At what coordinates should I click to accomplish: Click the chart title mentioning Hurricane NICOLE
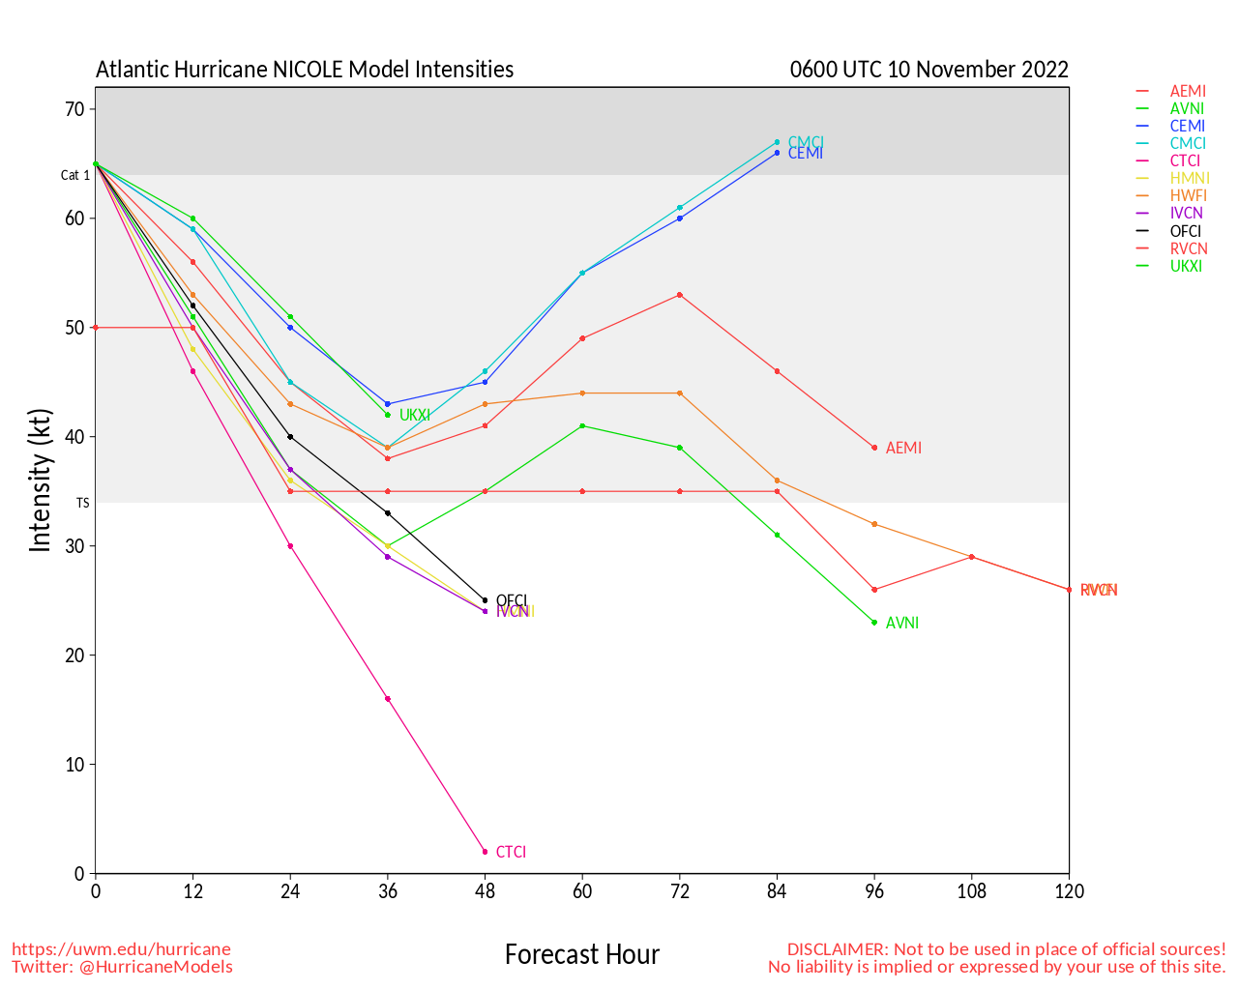coord(305,70)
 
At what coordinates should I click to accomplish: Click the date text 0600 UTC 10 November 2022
coord(928,70)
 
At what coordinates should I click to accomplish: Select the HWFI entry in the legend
coord(1189,196)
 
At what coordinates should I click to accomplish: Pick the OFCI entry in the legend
coord(1186,231)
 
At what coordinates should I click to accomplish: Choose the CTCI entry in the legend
coord(1185,161)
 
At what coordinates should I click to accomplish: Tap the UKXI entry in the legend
coord(1186,266)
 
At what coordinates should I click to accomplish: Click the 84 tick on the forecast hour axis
coord(777,891)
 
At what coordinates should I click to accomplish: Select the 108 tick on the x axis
coord(971,891)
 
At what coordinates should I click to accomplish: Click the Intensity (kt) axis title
coord(40,480)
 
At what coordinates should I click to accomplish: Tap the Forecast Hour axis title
coord(581,955)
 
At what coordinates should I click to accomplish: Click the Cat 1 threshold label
coord(75,175)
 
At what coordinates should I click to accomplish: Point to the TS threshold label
coord(83,503)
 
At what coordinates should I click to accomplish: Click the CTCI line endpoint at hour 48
coord(485,852)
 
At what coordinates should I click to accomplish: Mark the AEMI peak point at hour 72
coord(680,295)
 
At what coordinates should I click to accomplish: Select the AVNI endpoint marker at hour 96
coord(874,623)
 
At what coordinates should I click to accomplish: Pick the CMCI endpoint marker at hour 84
coord(777,142)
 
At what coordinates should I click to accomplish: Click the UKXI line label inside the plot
coord(414,416)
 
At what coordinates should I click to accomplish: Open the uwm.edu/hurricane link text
coord(121,949)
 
